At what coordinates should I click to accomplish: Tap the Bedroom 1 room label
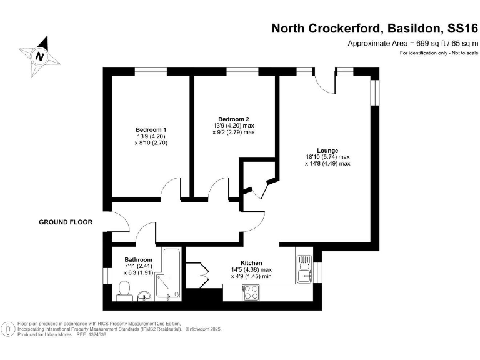(x=151, y=129)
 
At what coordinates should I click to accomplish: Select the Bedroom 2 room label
(x=234, y=119)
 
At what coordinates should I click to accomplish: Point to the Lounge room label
(x=327, y=150)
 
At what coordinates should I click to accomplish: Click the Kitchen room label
(x=251, y=263)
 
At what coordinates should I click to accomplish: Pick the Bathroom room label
(x=138, y=259)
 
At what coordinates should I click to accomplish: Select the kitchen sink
(x=304, y=269)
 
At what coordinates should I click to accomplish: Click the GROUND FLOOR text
(x=66, y=222)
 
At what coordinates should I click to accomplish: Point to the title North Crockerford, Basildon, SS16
(x=374, y=28)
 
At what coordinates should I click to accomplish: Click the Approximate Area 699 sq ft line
(x=412, y=43)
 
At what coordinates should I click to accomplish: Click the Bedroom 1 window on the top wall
(x=151, y=72)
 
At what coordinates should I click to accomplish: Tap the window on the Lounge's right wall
(x=375, y=92)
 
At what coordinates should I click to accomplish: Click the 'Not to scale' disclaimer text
(x=461, y=53)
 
